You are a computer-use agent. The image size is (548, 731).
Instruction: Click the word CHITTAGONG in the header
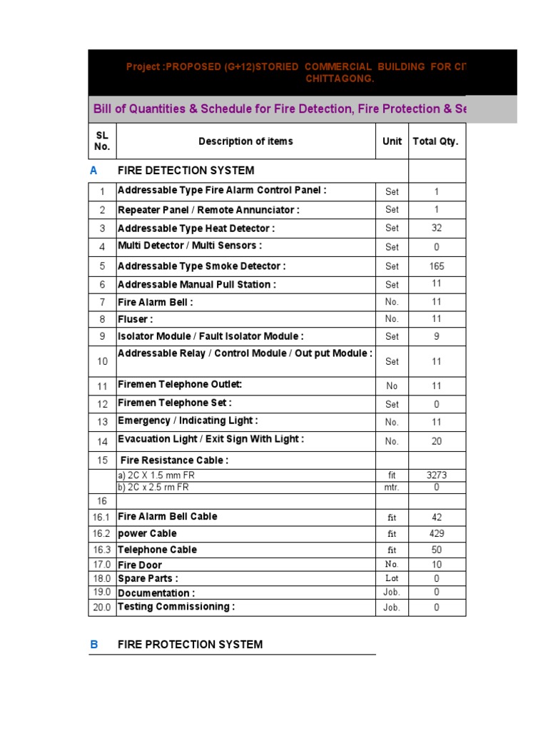coord(340,79)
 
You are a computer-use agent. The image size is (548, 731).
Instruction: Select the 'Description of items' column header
coord(245,141)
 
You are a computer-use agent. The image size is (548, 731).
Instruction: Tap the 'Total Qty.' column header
coord(435,141)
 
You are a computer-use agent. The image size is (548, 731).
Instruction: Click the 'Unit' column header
coord(392,141)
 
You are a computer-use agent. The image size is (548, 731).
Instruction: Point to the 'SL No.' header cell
coord(102,141)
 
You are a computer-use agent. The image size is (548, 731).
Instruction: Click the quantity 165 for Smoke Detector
coord(437,266)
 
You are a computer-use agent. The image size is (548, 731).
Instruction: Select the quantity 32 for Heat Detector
coord(437,228)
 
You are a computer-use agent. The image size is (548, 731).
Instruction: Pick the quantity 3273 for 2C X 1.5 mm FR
coord(437,475)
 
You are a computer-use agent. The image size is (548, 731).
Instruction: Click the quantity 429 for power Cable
coord(437,533)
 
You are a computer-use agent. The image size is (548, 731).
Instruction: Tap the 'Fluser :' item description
coord(136,319)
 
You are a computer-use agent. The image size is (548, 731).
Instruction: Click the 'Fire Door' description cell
coord(140,565)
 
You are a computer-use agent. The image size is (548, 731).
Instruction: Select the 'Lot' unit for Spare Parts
coord(392,578)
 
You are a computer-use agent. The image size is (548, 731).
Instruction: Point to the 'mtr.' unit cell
coord(392,488)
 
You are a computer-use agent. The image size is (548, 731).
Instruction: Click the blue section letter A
coord(93,171)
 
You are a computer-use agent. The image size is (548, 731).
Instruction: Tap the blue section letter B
coord(94,645)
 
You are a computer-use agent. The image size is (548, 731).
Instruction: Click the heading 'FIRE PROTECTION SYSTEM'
coord(190,645)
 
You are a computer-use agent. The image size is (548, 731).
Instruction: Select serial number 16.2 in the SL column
coord(102,534)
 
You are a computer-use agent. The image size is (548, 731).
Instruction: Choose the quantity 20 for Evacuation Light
coord(437,441)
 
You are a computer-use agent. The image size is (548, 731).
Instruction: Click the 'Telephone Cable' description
coord(157,550)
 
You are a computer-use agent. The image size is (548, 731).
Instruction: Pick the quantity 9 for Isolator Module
coord(437,336)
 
